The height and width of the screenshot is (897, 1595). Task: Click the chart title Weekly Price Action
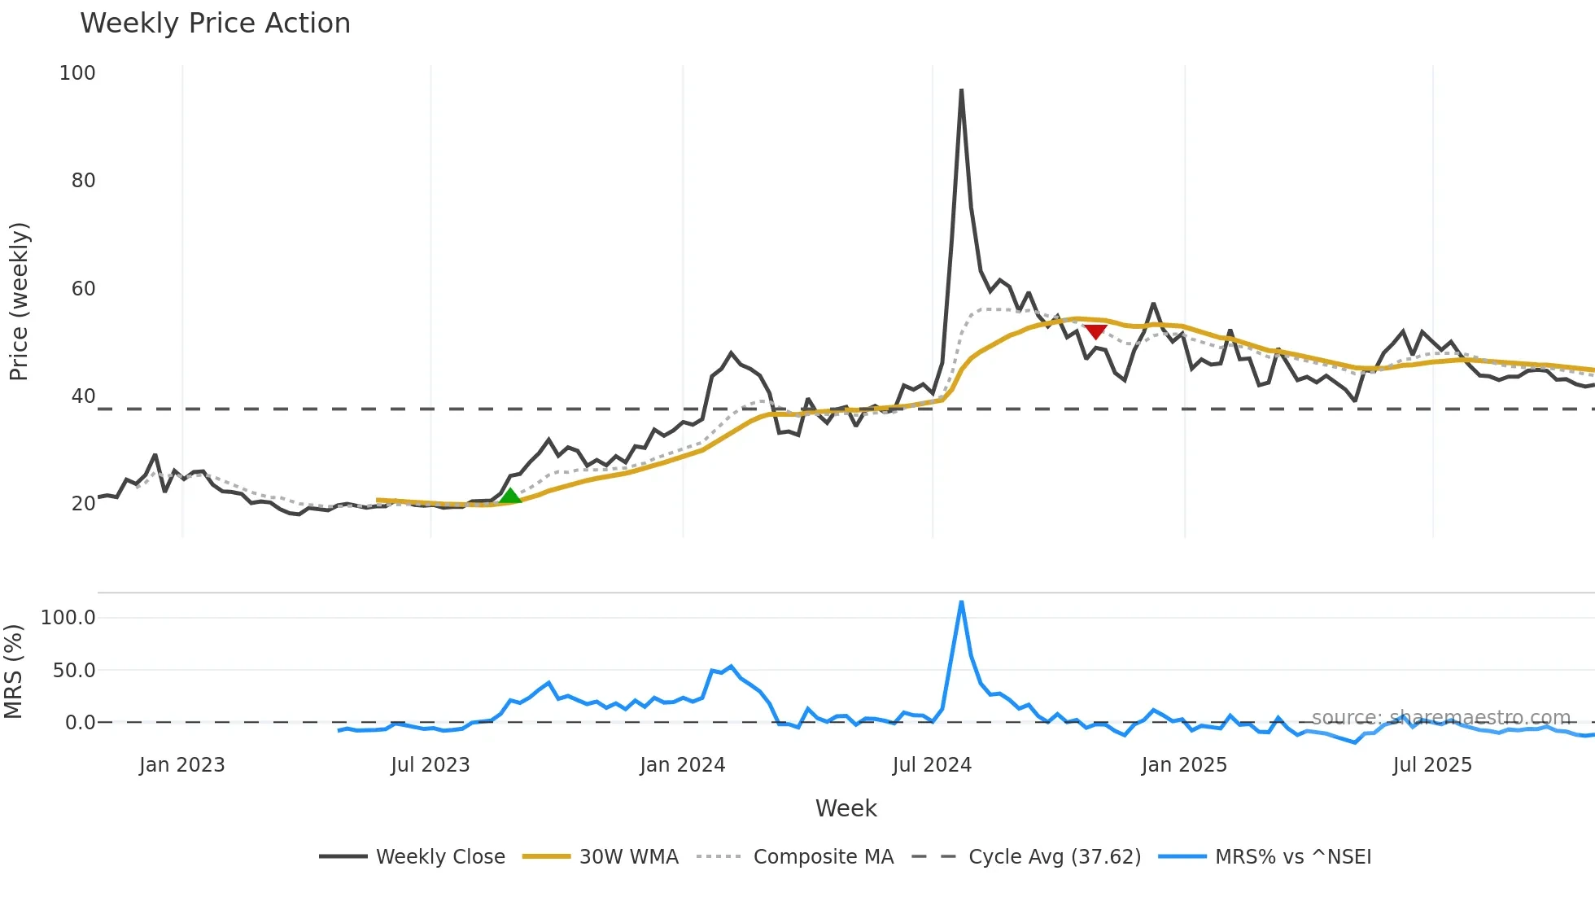click(x=215, y=24)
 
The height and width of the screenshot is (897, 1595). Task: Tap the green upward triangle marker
click(x=509, y=496)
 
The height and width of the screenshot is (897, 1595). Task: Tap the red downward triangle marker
click(x=1095, y=331)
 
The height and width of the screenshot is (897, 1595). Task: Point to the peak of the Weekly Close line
click(x=961, y=90)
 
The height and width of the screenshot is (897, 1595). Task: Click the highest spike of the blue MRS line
click(x=961, y=602)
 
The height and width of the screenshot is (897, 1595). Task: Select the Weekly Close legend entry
click(x=412, y=857)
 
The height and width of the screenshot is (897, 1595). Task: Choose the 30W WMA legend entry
click(x=601, y=857)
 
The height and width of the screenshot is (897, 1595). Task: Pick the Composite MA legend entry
click(x=795, y=857)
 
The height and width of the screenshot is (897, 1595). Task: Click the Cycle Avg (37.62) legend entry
click(x=1026, y=857)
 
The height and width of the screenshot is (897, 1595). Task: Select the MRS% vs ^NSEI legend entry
click(x=1265, y=857)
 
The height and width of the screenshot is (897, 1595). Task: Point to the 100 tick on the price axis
click(x=77, y=73)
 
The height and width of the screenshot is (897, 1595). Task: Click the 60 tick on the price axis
click(x=83, y=289)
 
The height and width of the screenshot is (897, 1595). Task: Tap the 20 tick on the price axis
click(x=83, y=504)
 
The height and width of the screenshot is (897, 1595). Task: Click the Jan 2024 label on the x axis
click(x=682, y=765)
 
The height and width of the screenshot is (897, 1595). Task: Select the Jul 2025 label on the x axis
click(x=1432, y=765)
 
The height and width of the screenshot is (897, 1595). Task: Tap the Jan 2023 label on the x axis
click(x=181, y=765)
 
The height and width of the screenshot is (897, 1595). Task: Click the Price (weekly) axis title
click(x=19, y=301)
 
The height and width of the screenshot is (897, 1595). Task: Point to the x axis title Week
click(x=846, y=808)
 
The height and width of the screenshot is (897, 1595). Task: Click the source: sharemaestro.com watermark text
click(x=1440, y=718)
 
